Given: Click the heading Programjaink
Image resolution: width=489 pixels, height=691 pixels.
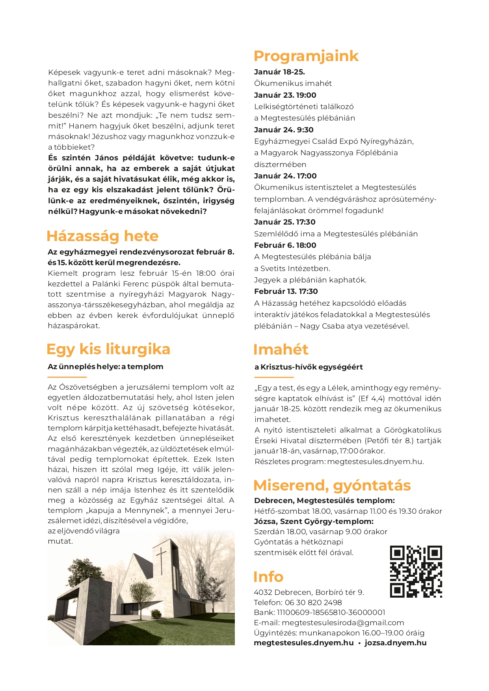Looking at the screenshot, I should (x=306, y=56).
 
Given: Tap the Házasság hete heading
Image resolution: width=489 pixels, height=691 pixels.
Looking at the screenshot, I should (x=102, y=236).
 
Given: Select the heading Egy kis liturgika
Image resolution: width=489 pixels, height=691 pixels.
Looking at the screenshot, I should (x=108, y=349).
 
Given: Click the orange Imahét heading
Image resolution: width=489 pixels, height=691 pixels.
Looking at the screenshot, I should (x=281, y=349).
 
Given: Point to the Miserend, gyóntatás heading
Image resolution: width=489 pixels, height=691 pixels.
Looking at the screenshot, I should (x=332, y=485).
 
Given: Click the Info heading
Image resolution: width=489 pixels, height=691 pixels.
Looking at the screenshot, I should (x=268, y=577).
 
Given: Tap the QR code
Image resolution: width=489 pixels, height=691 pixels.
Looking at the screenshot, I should (x=416, y=571).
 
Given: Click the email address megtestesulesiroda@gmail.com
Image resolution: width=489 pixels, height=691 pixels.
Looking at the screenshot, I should (x=343, y=623).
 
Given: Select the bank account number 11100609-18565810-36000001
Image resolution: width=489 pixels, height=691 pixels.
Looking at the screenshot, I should (x=331, y=613).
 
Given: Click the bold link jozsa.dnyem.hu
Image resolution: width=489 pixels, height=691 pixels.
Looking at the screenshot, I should (x=395, y=643).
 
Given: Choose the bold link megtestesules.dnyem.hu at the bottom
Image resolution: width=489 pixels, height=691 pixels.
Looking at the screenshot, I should (x=303, y=643).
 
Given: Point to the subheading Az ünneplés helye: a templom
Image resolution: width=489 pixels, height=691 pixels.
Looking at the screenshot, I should (x=105, y=367).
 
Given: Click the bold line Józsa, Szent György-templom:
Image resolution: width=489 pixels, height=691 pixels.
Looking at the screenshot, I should (x=314, y=522).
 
